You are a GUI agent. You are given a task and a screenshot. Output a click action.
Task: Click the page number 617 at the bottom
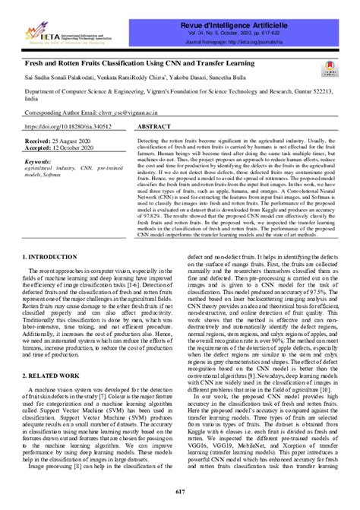180,493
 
